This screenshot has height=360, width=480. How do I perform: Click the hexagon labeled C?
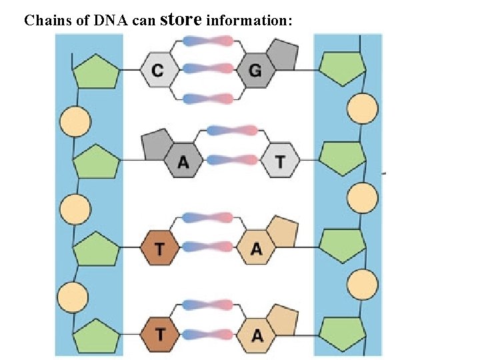click(x=157, y=69)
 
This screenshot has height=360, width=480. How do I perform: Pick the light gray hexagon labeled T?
click(x=279, y=161)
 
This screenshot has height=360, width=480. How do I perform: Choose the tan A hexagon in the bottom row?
click(x=257, y=336)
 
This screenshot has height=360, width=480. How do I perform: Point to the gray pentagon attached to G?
click(x=282, y=53)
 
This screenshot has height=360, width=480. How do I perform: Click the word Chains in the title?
click(x=48, y=21)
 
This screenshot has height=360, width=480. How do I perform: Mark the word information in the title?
click(x=249, y=21)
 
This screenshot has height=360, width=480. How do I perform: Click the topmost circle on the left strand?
click(x=75, y=121)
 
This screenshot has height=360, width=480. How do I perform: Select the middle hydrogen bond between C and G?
click(x=207, y=69)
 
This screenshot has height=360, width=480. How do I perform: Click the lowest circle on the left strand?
click(x=73, y=295)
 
